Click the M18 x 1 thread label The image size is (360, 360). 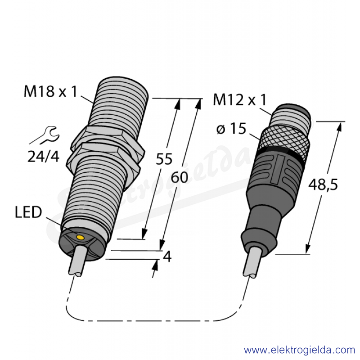50,91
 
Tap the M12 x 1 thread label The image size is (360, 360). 240,99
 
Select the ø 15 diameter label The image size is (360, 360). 231,129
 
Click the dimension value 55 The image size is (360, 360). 164,159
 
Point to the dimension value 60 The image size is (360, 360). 180,177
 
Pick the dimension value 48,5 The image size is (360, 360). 323,184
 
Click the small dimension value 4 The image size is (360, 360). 167,256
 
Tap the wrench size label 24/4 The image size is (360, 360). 43,157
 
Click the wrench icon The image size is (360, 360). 45,135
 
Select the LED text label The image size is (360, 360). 28,212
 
